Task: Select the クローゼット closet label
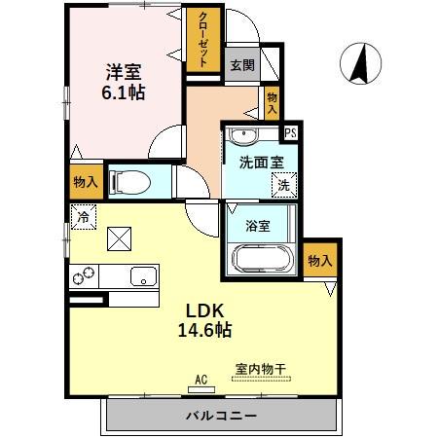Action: pos(202,39)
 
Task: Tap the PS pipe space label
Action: pos(289,133)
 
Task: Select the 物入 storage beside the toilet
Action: pos(85,181)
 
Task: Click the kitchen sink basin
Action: pos(143,275)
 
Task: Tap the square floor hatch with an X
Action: pos(121,237)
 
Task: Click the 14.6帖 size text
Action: pos(204,331)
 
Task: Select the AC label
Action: pos(201,379)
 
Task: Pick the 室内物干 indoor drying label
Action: pos(259,369)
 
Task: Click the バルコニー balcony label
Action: pos(222,416)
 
